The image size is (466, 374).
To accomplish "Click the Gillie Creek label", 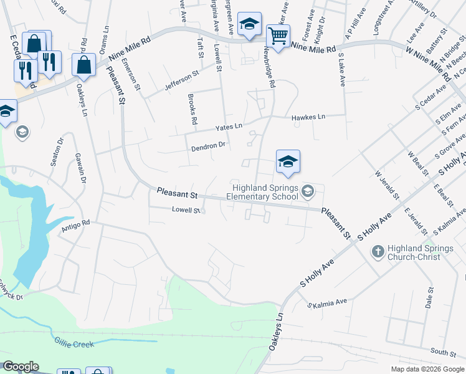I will point(74,344).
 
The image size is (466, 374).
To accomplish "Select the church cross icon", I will point(378,252).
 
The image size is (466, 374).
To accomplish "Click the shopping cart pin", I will point(278,35).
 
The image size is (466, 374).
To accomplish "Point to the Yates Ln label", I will point(229,126).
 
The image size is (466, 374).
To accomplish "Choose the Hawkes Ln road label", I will point(308,117).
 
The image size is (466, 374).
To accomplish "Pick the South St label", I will point(443,353).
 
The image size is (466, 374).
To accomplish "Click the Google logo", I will point(21,367).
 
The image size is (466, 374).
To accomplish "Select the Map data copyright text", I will point(427,369).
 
